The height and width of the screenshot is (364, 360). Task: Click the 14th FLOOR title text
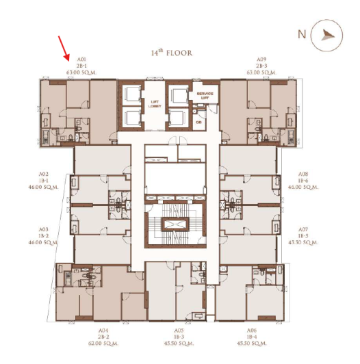click(x=171, y=53)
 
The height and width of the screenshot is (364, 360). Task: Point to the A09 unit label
click(x=261, y=60)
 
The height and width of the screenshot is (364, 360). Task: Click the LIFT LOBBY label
click(x=155, y=104)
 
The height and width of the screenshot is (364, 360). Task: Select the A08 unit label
click(x=303, y=174)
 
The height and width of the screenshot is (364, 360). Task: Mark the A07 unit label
click(x=303, y=230)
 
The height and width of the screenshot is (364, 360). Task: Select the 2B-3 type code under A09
click(x=261, y=65)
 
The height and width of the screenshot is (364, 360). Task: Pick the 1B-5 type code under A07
click(x=303, y=236)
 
